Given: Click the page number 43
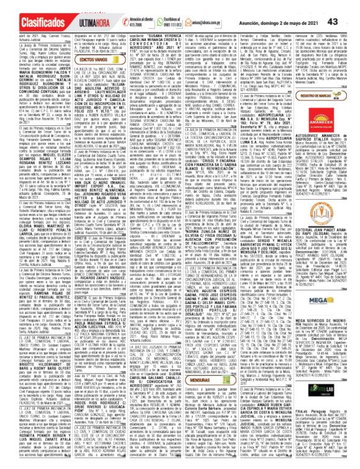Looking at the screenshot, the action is pyautogui.click(x=349, y=6).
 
